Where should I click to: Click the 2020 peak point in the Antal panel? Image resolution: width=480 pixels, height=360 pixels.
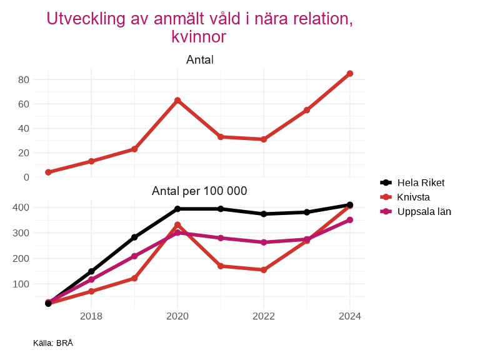177,101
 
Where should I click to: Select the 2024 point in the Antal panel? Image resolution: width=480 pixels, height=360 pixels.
350,74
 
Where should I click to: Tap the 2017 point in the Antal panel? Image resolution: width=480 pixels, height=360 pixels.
48,172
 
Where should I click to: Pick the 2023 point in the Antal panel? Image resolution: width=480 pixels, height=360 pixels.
307,110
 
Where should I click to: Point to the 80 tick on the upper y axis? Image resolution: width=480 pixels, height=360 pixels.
24,79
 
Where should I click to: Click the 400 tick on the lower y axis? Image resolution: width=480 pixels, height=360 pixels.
21,207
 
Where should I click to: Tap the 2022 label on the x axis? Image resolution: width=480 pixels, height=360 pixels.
264,316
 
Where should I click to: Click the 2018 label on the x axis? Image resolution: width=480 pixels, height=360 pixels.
91,316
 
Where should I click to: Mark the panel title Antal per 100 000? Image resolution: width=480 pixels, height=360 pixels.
199,191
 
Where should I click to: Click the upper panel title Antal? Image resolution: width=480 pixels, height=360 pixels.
200,60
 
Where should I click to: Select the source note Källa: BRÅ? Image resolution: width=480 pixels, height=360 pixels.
53,343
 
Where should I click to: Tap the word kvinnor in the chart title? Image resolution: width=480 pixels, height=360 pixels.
199,37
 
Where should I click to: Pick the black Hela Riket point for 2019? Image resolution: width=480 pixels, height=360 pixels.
134,237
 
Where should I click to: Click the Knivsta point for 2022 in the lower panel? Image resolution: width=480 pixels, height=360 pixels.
264,270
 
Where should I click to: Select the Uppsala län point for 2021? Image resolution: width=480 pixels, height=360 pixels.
221,238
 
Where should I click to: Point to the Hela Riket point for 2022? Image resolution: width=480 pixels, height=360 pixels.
264,214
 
